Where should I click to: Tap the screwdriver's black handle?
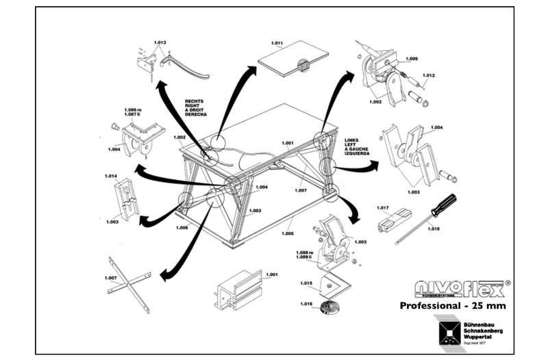443,203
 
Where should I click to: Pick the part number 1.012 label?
429,75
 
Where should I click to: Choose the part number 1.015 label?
306,283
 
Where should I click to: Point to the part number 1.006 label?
182,227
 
